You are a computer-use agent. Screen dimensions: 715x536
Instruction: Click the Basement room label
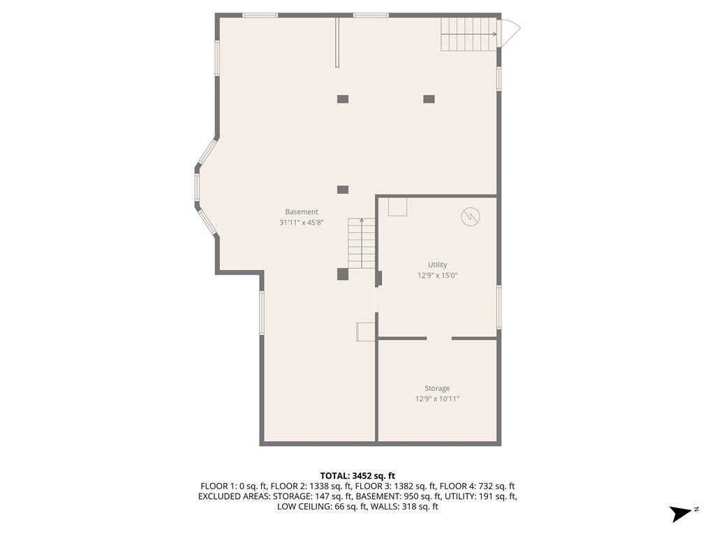[302, 212]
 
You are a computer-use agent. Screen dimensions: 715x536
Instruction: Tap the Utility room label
[437, 265]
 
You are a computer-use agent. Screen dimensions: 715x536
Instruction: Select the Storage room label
[437, 388]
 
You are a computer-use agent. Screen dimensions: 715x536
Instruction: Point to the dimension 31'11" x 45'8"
[302, 223]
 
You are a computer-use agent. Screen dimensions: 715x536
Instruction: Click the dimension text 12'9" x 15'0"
[437, 276]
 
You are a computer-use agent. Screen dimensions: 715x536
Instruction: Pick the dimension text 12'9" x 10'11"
[437, 399]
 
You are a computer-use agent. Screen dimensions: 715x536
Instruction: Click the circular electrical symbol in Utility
[471, 217]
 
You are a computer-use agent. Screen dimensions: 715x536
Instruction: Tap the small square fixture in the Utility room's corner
[397, 207]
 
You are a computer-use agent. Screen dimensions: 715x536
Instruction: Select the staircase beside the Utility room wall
[362, 244]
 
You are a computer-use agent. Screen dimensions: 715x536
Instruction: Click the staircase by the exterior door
[469, 34]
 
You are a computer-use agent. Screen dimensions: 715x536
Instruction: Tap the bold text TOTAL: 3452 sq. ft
[357, 476]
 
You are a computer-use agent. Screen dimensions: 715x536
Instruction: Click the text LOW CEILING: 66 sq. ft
[321, 507]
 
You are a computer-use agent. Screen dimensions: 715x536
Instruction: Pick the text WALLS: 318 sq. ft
[404, 507]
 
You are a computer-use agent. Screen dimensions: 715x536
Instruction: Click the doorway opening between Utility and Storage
[439, 338]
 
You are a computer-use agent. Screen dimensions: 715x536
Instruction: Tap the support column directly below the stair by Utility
[343, 274]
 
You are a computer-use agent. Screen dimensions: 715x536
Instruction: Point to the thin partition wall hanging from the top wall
[337, 43]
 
